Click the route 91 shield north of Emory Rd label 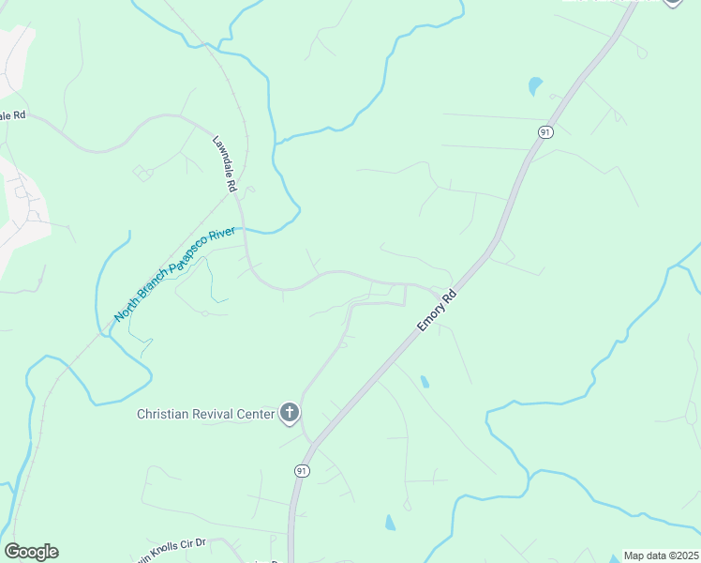[545, 132]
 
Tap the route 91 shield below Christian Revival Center [301, 470]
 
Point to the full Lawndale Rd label [225, 162]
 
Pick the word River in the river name [221, 233]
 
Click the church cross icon [290, 413]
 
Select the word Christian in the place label [165, 414]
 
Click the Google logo [31, 552]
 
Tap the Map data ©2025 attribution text [661, 555]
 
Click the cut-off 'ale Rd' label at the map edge [12, 115]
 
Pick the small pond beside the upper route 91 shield [535, 86]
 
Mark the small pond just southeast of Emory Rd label [425, 382]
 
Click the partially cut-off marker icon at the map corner [673, 3]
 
